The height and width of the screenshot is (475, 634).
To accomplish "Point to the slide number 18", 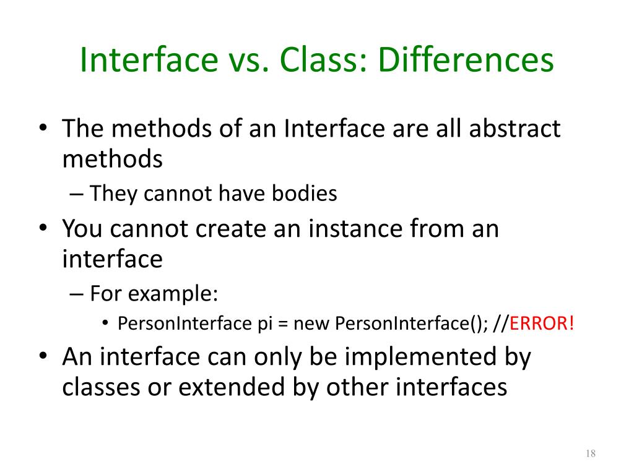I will click(x=589, y=455).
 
